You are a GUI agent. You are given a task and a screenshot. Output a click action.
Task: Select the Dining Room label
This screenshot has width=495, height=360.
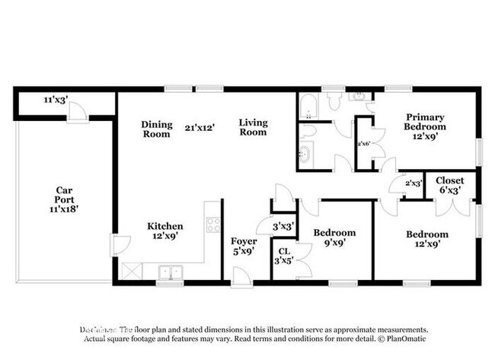coord(156,129)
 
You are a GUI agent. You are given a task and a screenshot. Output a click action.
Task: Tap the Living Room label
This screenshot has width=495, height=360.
coord(253,127)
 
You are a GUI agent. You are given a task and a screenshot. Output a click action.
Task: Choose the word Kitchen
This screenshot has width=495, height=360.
coord(165,226)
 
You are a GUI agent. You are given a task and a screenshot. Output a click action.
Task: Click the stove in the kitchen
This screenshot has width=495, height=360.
coord(213,225)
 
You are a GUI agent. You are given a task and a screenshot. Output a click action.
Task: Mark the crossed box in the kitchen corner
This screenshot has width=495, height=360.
coord(131,270)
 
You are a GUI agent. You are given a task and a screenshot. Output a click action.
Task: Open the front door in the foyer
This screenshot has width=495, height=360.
coord(242,278)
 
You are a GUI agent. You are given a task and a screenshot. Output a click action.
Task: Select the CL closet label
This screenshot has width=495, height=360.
coord(283,251)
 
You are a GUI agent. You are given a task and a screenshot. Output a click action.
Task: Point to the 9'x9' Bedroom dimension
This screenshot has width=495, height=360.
coord(335,244)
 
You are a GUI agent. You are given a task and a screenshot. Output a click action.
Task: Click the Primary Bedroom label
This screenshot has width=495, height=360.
coord(425,123)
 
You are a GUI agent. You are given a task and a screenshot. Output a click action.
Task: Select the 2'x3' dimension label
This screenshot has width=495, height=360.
coord(414,183)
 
